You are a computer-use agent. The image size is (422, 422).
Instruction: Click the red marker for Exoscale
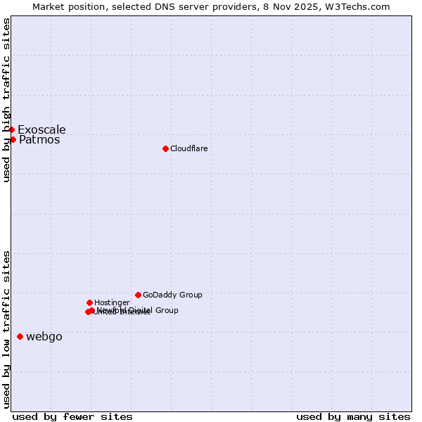click(11, 129)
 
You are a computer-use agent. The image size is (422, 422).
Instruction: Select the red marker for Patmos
click(13, 139)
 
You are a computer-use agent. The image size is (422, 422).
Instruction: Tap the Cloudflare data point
click(165, 148)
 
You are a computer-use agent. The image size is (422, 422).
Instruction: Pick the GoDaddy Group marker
click(138, 295)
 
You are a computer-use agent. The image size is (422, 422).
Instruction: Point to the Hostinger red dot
click(89, 302)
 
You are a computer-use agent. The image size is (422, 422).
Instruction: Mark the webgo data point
click(20, 336)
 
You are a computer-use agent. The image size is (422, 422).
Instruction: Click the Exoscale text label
click(41, 129)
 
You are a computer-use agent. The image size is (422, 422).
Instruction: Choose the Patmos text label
click(39, 140)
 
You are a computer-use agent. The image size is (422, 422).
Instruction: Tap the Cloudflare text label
click(188, 148)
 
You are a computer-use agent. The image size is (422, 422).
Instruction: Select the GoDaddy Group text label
click(172, 295)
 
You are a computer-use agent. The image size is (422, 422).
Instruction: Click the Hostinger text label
click(112, 302)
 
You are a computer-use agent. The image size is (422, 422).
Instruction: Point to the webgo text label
click(44, 337)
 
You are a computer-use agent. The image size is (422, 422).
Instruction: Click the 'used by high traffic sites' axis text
click(6, 100)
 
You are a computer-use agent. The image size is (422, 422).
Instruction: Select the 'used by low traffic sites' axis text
click(6, 329)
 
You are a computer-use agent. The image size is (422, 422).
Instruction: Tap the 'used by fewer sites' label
click(72, 416)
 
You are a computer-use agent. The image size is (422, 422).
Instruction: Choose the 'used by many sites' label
click(353, 416)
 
